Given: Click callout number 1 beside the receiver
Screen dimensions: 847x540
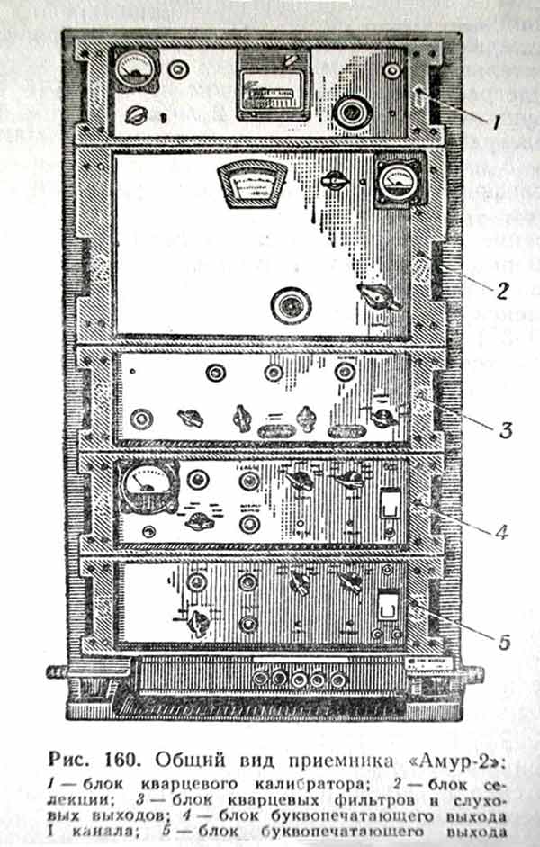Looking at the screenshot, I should pos(497,118).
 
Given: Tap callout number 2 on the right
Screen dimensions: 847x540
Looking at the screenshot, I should pos(502,290).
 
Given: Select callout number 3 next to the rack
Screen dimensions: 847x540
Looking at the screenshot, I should pos(506,430).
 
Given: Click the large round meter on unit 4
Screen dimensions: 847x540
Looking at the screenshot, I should pos(145,487).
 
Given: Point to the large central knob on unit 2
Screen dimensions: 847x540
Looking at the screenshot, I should pos(292,305).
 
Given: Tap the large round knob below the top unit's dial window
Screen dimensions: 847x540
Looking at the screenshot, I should pos(347,112).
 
